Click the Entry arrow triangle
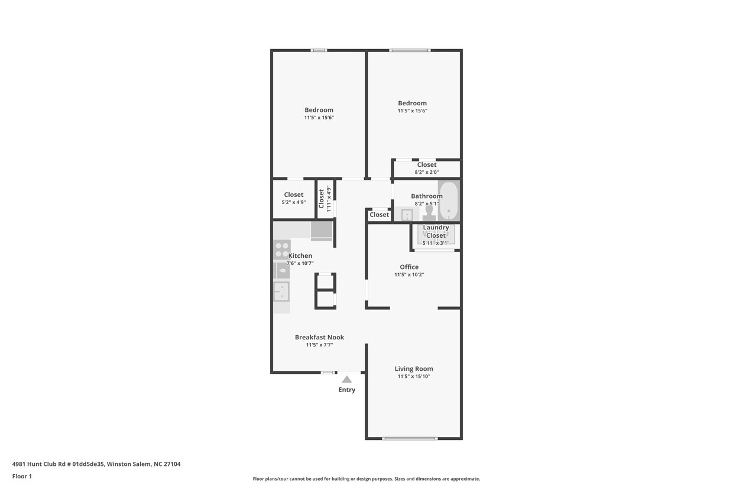pos(347,379)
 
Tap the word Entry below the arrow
pos(347,390)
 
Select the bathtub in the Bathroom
pos(449,200)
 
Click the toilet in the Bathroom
pos(429,212)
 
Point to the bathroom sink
pos(407,215)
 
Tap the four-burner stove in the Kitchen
pos(282,250)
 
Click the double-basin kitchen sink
pos(281,292)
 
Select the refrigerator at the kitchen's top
pos(322,230)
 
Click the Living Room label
pos(414,368)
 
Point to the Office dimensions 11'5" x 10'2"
pos(409,274)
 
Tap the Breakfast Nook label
pos(319,337)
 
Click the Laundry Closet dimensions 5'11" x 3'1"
pos(436,242)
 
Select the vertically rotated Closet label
pos(322,198)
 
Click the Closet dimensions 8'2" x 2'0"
pos(426,172)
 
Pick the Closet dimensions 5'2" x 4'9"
pos(293,202)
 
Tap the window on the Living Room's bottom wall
pos(410,438)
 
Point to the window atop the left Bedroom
pos(319,50)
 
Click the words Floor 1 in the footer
pos(22,476)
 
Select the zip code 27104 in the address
pos(171,464)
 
